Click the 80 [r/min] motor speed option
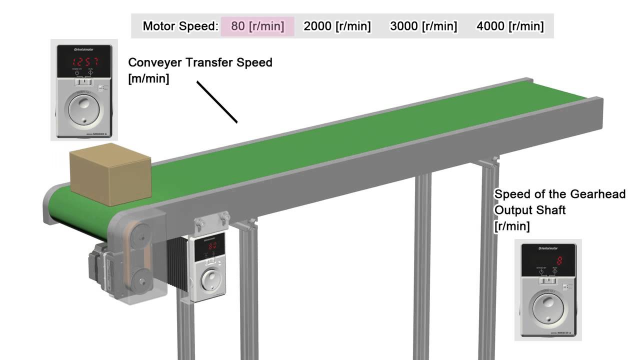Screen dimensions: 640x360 (257, 26)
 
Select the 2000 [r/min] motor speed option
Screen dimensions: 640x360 (337, 26)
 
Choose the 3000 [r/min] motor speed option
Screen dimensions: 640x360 (423, 26)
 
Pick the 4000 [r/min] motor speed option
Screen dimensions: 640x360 (510, 26)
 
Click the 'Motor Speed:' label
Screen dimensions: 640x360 (180, 26)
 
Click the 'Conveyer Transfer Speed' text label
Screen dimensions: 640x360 (200, 63)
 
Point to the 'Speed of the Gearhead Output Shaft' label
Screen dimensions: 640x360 (559, 202)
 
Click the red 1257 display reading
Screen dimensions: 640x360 (84, 62)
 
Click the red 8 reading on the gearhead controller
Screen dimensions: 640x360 (559, 260)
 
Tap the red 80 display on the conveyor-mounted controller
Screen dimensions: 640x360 (212, 245)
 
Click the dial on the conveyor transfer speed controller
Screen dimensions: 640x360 (83, 108)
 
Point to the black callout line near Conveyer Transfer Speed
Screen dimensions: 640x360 (216, 102)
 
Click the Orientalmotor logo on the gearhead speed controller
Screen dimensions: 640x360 (548, 248)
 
